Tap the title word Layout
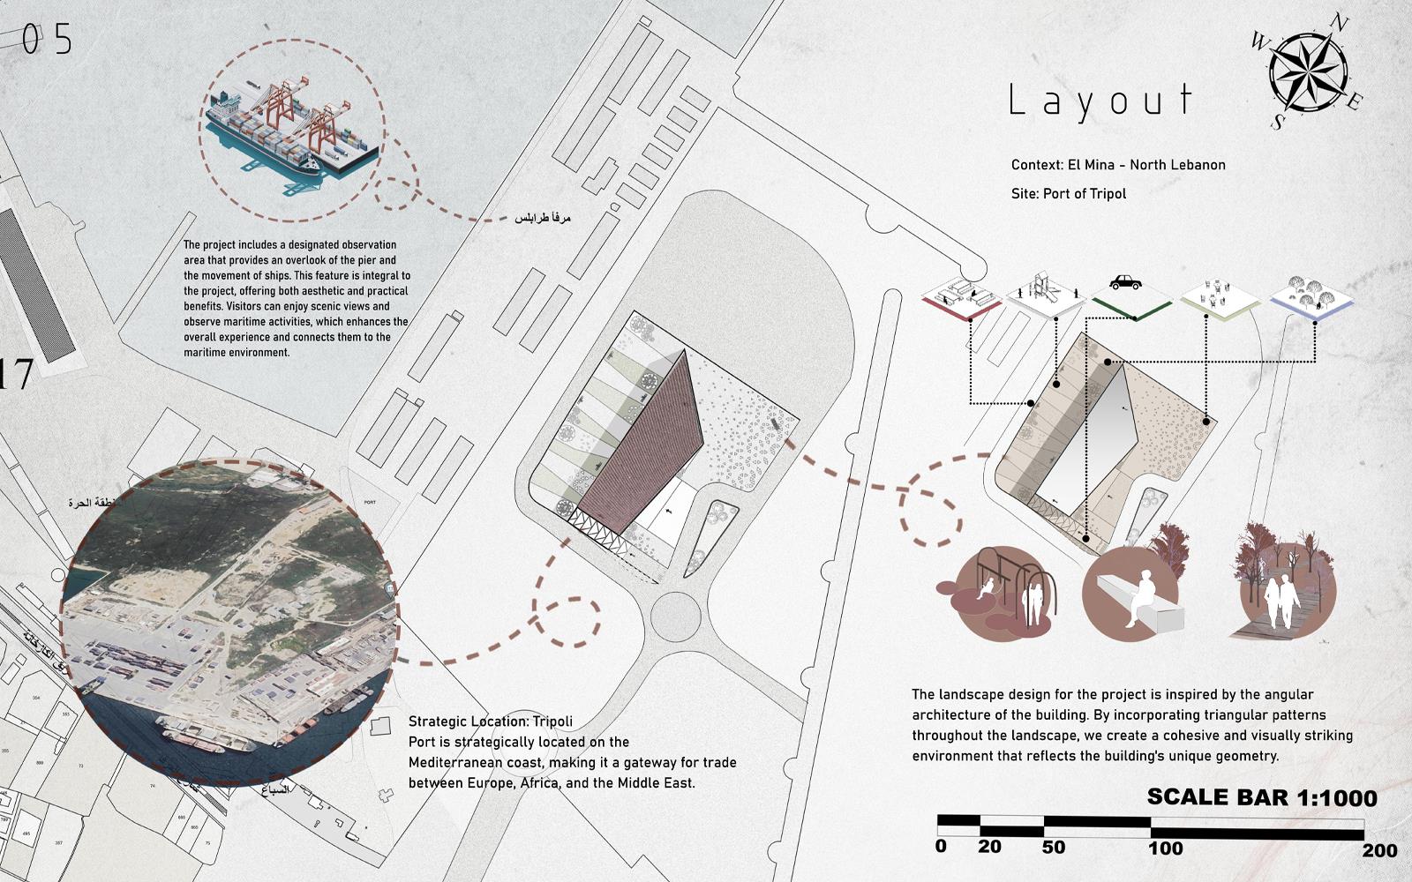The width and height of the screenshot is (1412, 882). pyautogui.click(x=1100, y=101)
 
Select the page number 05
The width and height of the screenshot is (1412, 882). pyautogui.click(x=47, y=40)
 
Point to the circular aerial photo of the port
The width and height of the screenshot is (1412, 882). pyautogui.click(x=229, y=622)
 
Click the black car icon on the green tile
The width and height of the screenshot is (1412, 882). pyautogui.click(x=1125, y=282)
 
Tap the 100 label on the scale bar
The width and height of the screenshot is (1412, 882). pyautogui.click(x=1165, y=848)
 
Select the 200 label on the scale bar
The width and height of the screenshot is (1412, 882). pyautogui.click(x=1379, y=850)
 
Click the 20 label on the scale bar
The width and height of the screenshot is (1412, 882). pyautogui.click(x=989, y=847)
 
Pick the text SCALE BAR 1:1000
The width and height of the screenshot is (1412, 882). pyautogui.click(x=1261, y=797)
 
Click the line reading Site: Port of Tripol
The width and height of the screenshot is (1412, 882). pyautogui.click(x=1069, y=194)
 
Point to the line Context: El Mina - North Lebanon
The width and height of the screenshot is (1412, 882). pyautogui.click(x=1118, y=165)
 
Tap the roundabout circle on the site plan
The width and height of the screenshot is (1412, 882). pyautogui.click(x=676, y=609)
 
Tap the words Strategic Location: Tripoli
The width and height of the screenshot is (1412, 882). pyautogui.click(x=490, y=721)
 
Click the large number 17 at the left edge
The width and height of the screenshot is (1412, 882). pyautogui.click(x=16, y=375)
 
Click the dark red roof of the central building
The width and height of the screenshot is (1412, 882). pyautogui.click(x=649, y=445)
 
